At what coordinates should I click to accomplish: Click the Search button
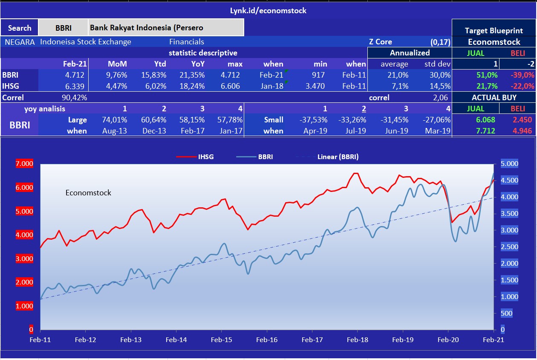(x=20, y=28)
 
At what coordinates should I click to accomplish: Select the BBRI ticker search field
(x=63, y=28)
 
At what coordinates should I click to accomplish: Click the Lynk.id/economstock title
(x=268, y=11)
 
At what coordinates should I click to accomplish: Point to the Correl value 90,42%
(x=75, y=98)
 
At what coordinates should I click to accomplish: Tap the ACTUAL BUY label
(x=494, y=98)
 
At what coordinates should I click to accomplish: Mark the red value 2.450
(x=522, y=120)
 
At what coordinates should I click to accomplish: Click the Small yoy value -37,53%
(x=314, y=120)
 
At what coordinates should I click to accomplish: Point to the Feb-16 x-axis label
(x=267, y=340)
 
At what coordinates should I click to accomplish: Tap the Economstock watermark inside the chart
(x=88, y=193)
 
